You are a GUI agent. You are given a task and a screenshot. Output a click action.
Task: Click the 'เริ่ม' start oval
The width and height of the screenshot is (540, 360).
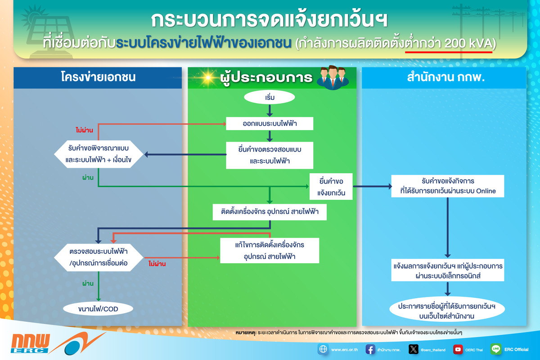269,97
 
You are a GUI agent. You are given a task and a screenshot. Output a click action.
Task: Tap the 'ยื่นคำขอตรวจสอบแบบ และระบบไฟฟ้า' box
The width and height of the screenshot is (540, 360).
269,155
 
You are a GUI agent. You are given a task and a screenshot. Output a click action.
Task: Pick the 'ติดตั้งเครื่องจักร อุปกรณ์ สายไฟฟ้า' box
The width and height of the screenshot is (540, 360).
269,212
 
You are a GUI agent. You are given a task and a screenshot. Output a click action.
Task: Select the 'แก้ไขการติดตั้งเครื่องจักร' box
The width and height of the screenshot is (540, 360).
269,251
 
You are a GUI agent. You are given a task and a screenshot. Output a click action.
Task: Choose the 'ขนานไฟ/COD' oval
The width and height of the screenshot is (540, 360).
98,308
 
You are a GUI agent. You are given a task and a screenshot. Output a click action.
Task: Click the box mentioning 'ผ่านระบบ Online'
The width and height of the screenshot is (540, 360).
448,186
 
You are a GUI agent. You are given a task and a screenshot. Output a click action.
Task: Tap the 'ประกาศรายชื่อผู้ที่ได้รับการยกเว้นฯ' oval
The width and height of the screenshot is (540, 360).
448,311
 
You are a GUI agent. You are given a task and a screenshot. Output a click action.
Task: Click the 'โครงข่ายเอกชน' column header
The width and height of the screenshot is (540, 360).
98,77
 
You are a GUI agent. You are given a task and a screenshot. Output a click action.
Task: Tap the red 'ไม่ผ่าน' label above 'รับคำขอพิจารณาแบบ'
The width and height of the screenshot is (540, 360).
84,130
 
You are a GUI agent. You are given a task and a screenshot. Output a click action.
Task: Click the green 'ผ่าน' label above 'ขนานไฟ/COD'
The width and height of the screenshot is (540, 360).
87,284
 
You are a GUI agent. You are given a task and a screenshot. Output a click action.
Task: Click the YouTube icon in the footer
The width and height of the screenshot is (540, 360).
458,349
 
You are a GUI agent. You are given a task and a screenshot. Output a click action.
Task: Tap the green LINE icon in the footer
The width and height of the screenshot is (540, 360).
496,349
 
